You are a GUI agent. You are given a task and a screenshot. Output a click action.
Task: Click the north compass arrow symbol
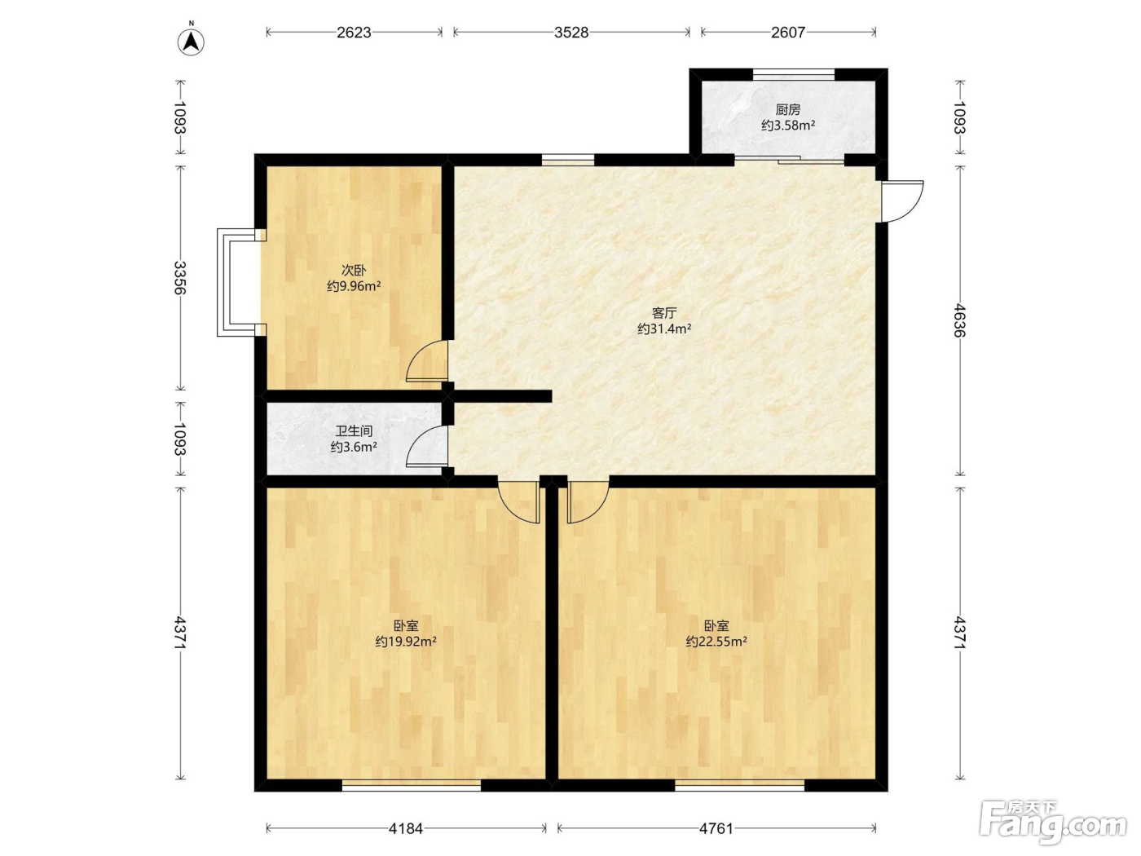191,42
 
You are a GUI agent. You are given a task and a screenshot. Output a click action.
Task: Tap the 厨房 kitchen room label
787,110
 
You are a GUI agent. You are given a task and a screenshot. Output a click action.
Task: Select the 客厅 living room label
664,313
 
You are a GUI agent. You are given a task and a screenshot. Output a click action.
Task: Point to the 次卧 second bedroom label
354,271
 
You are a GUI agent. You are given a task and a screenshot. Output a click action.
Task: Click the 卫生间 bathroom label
354,431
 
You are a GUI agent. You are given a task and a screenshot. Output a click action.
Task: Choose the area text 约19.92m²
406,642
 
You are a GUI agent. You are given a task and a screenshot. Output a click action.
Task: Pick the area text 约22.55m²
716,642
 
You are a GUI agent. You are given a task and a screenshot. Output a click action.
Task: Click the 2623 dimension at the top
354,33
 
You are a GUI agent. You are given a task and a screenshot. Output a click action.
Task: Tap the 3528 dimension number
571,33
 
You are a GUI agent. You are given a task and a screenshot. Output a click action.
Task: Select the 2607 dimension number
788,33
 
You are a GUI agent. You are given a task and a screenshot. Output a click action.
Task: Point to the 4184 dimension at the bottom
406,828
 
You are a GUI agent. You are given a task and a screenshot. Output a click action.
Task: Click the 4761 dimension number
716,828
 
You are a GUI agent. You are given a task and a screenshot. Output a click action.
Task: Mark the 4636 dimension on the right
959,320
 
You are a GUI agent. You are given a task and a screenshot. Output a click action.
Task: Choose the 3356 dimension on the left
180,277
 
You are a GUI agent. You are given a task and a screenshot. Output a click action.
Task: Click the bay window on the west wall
238,282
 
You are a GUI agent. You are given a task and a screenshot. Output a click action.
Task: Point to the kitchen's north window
794,74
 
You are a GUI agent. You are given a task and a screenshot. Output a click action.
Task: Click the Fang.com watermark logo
1053,823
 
